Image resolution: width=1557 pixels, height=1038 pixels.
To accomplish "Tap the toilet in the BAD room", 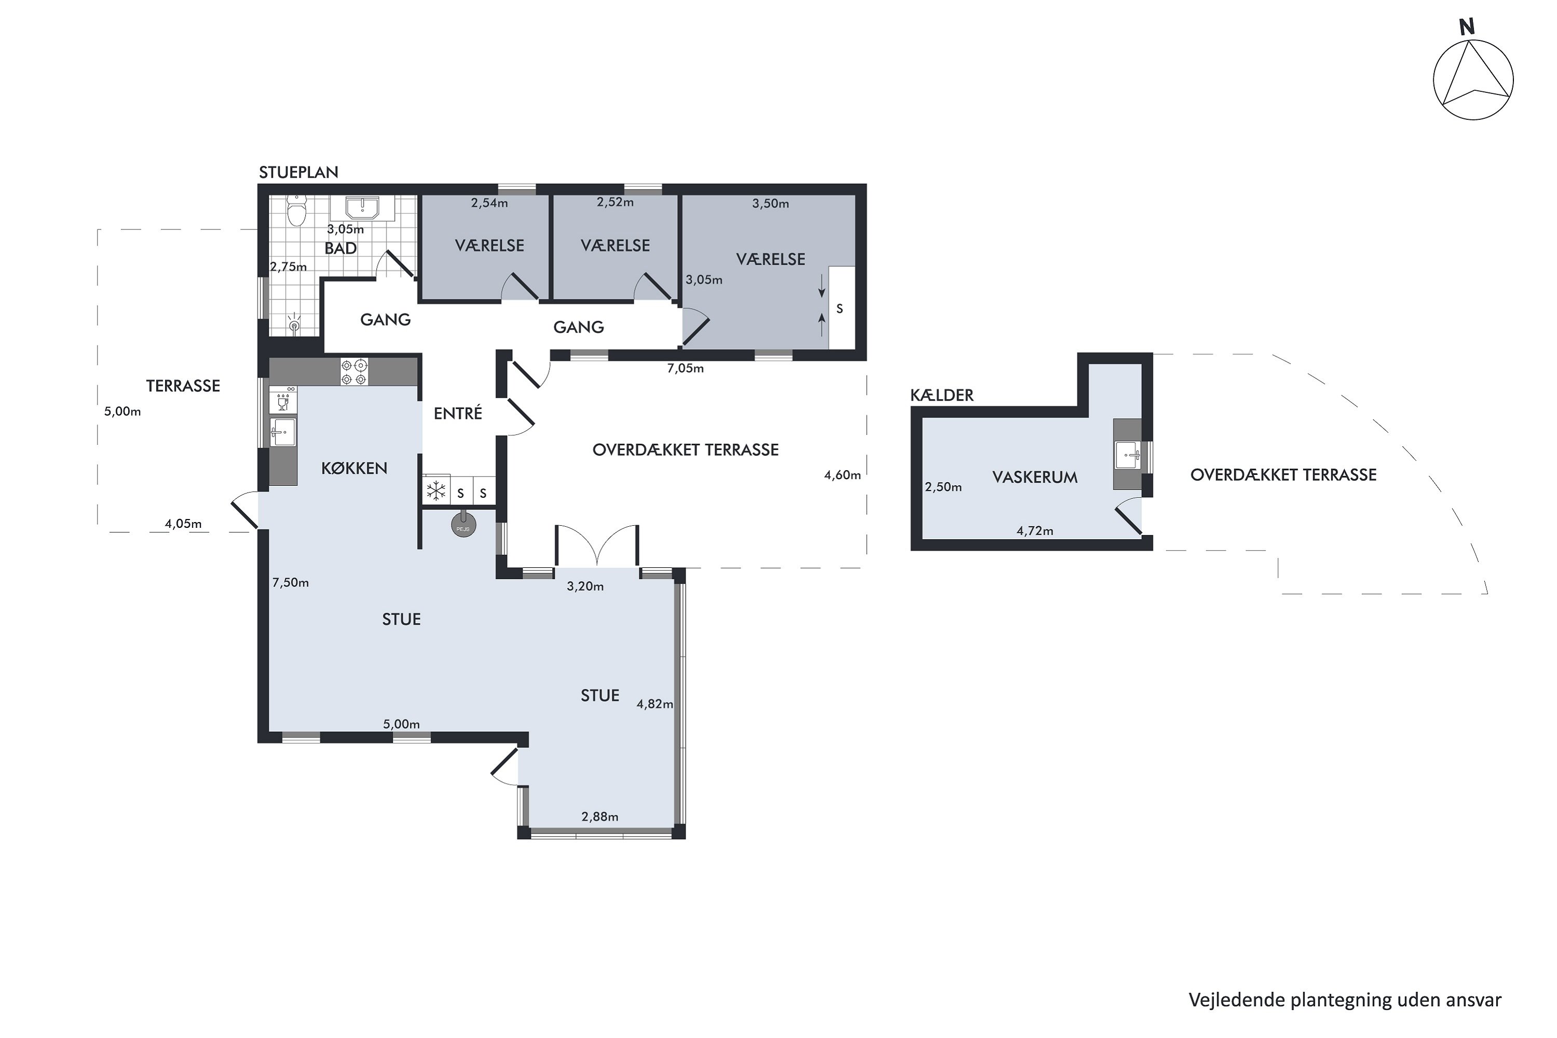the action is [296, 211].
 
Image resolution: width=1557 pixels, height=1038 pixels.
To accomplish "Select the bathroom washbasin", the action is [362, 208].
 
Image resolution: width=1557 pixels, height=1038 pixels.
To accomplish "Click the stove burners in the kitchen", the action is [354, 372].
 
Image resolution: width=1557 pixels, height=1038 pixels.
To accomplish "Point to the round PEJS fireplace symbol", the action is [463, 525].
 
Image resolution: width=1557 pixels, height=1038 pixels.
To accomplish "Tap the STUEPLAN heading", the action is [298, 173].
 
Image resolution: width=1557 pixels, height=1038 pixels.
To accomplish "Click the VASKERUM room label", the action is [1035, 477].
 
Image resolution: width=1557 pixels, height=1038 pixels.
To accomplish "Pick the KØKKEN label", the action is [354, 469].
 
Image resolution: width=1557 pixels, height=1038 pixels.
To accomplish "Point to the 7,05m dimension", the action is [685, 368].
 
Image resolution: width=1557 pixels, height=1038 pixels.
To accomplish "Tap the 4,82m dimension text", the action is [654, 704].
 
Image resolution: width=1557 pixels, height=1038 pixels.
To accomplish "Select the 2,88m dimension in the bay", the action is [600, 817].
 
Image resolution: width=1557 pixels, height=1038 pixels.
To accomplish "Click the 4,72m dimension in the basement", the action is [1035, 531].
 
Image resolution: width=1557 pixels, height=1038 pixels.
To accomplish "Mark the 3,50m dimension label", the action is [771, 204].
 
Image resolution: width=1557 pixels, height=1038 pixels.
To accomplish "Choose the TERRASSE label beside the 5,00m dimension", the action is [183, 386].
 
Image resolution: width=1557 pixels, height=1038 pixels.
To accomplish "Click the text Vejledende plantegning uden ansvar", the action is [1345, 1000].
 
